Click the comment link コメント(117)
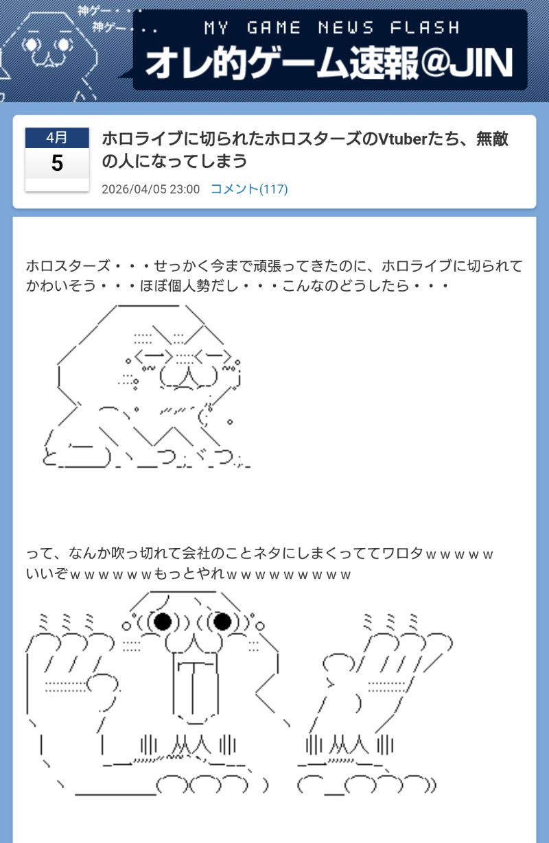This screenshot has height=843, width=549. coord(249,189)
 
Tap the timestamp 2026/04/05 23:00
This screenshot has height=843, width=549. coord(150,189)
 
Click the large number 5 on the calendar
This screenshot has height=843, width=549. coord(57,163)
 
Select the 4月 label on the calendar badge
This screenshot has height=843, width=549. coord(57,137)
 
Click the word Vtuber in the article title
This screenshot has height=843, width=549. coord(401,139)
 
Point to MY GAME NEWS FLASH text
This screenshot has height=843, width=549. coord(331,27)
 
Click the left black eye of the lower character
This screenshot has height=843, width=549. coord(162,621)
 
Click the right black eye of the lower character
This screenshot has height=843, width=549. coord(222,621)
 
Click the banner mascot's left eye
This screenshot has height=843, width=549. coord(32,45)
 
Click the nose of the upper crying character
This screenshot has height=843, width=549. coord(188,377)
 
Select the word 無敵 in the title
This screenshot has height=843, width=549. coord(493,139)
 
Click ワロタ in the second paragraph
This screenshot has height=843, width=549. coord(402,554)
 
